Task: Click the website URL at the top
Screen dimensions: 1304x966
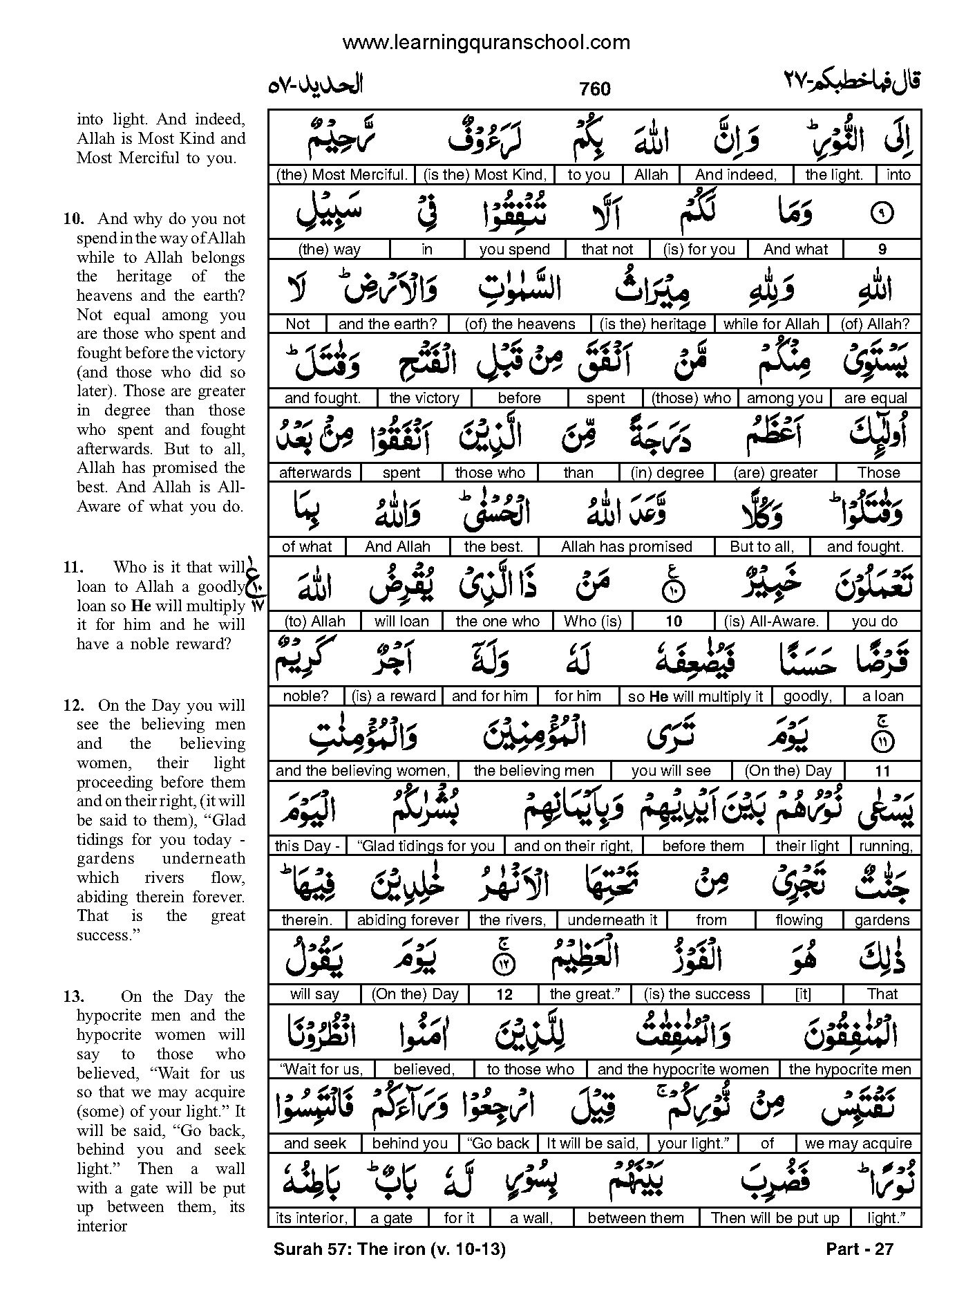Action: [x=486, y=43]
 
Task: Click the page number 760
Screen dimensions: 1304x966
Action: [x=595, y=89]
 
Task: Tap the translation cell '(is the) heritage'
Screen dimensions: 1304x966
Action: [x=653, y=324]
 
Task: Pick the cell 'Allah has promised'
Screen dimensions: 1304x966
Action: [x=627, y=547]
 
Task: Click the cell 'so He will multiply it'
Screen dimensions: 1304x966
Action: [x=696, y=696]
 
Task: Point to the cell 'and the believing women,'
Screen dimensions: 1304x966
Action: [x=363, y=771]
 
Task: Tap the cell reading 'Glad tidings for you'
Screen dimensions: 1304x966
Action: [x=426, y=846]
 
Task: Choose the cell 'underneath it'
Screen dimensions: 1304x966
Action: [x=612, y=920]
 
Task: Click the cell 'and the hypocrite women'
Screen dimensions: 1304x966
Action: [x=683, y=1070]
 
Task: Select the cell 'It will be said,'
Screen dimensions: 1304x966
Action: [x=592, y=1144]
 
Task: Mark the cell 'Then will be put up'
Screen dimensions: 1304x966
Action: [x=775, y=1218]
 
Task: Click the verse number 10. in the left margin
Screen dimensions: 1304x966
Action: [x=74, y=219]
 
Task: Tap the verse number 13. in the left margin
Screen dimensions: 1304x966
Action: [x=74, y=996]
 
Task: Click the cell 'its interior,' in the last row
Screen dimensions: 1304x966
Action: [x=311, y=1218]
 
